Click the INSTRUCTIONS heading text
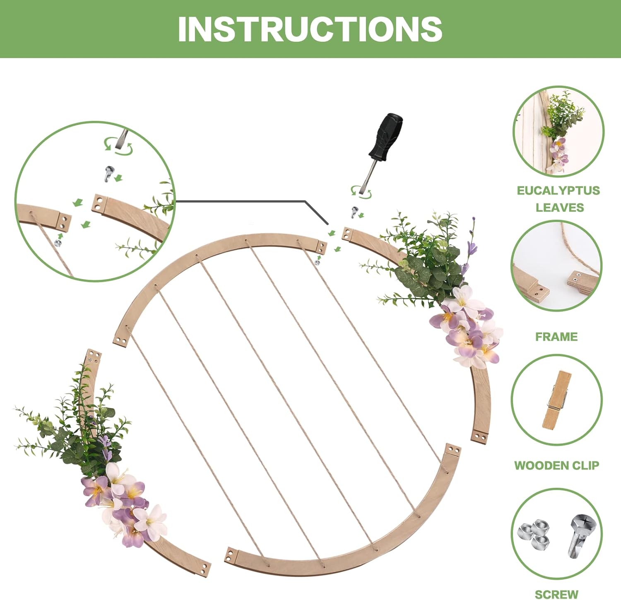(310, 29)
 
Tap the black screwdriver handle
(386, 137)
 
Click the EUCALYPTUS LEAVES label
(558, 199)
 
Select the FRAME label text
(556, 337)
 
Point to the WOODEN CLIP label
(556, 465)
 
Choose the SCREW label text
(556, 594)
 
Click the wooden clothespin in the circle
(556, 400)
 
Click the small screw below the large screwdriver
(354, 212)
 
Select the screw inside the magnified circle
(109, 173)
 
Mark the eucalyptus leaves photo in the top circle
(558, 132)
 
